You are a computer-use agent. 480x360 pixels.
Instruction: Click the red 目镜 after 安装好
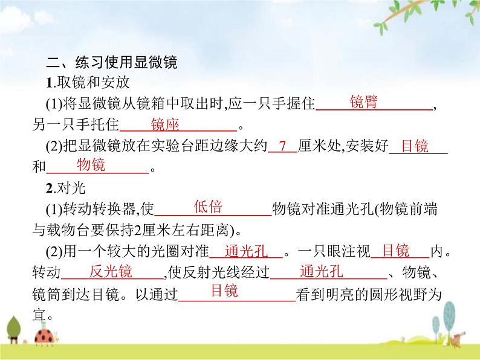[x=415, y=147]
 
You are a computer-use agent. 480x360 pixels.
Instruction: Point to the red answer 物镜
[x=91, y=165]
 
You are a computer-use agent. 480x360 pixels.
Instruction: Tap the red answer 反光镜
[x=111, y=271]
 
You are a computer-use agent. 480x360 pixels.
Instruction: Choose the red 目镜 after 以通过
[x=224, y=291]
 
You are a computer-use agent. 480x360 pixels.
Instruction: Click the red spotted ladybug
[x=44, y=333]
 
